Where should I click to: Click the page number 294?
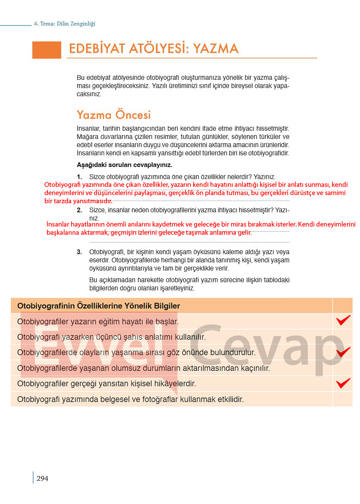(x=42, y=478)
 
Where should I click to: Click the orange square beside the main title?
(x=47, y=50)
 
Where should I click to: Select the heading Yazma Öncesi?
(x=114, y=115)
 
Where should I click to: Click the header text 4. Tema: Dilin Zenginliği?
(x=64, y=24)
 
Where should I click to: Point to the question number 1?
(x=79, y=177)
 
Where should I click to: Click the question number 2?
(x=79, y=210)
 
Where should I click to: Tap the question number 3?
(x=79, y=252)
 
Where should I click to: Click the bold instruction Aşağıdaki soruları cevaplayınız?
(x=124, y=165)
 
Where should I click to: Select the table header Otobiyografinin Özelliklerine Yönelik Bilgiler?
(x=98, y=306)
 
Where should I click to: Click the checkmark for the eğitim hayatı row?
(x=343, y=321)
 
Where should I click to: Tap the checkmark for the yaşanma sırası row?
(x=343, y=352)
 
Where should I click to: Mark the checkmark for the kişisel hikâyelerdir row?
(x=343, y=383)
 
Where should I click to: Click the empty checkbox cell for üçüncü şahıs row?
(x=343, y=337)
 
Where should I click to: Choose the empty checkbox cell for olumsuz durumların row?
(x=343, y=368)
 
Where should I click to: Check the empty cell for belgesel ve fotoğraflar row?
(x=343, y=399)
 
